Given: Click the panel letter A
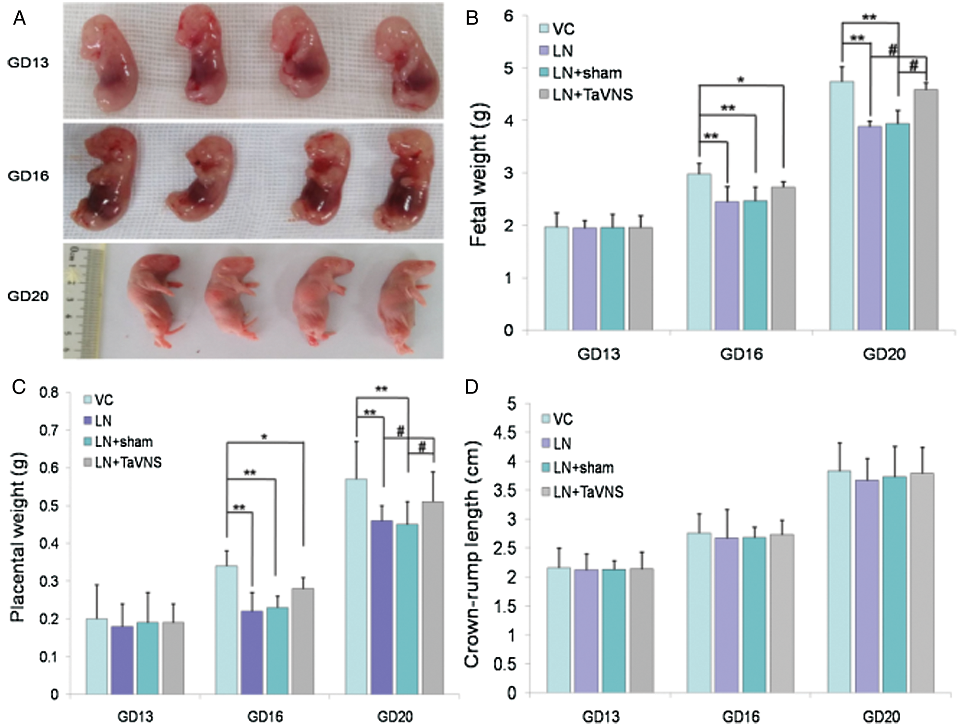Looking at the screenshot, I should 20,19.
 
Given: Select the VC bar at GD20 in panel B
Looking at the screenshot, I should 841,206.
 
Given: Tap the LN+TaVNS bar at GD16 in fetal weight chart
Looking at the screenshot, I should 783,259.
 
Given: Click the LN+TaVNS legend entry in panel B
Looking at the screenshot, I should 586,95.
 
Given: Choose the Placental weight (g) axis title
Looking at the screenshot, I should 18,540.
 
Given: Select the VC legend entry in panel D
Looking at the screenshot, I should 556,419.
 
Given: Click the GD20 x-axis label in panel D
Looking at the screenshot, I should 881,717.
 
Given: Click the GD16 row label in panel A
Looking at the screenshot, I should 28,176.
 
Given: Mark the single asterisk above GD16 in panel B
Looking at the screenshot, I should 741,80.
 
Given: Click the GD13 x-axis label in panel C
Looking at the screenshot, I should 135,717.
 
